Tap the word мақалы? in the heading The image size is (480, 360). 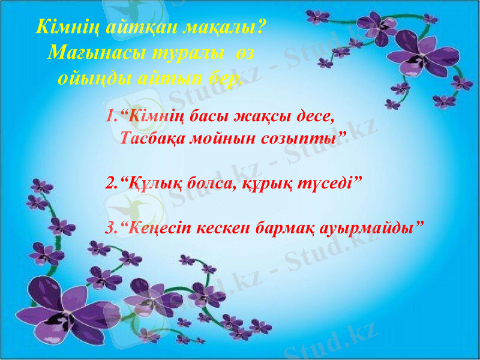232,28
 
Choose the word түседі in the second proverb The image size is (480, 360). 328,182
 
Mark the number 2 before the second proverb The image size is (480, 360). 109,182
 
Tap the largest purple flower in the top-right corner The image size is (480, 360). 424,54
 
